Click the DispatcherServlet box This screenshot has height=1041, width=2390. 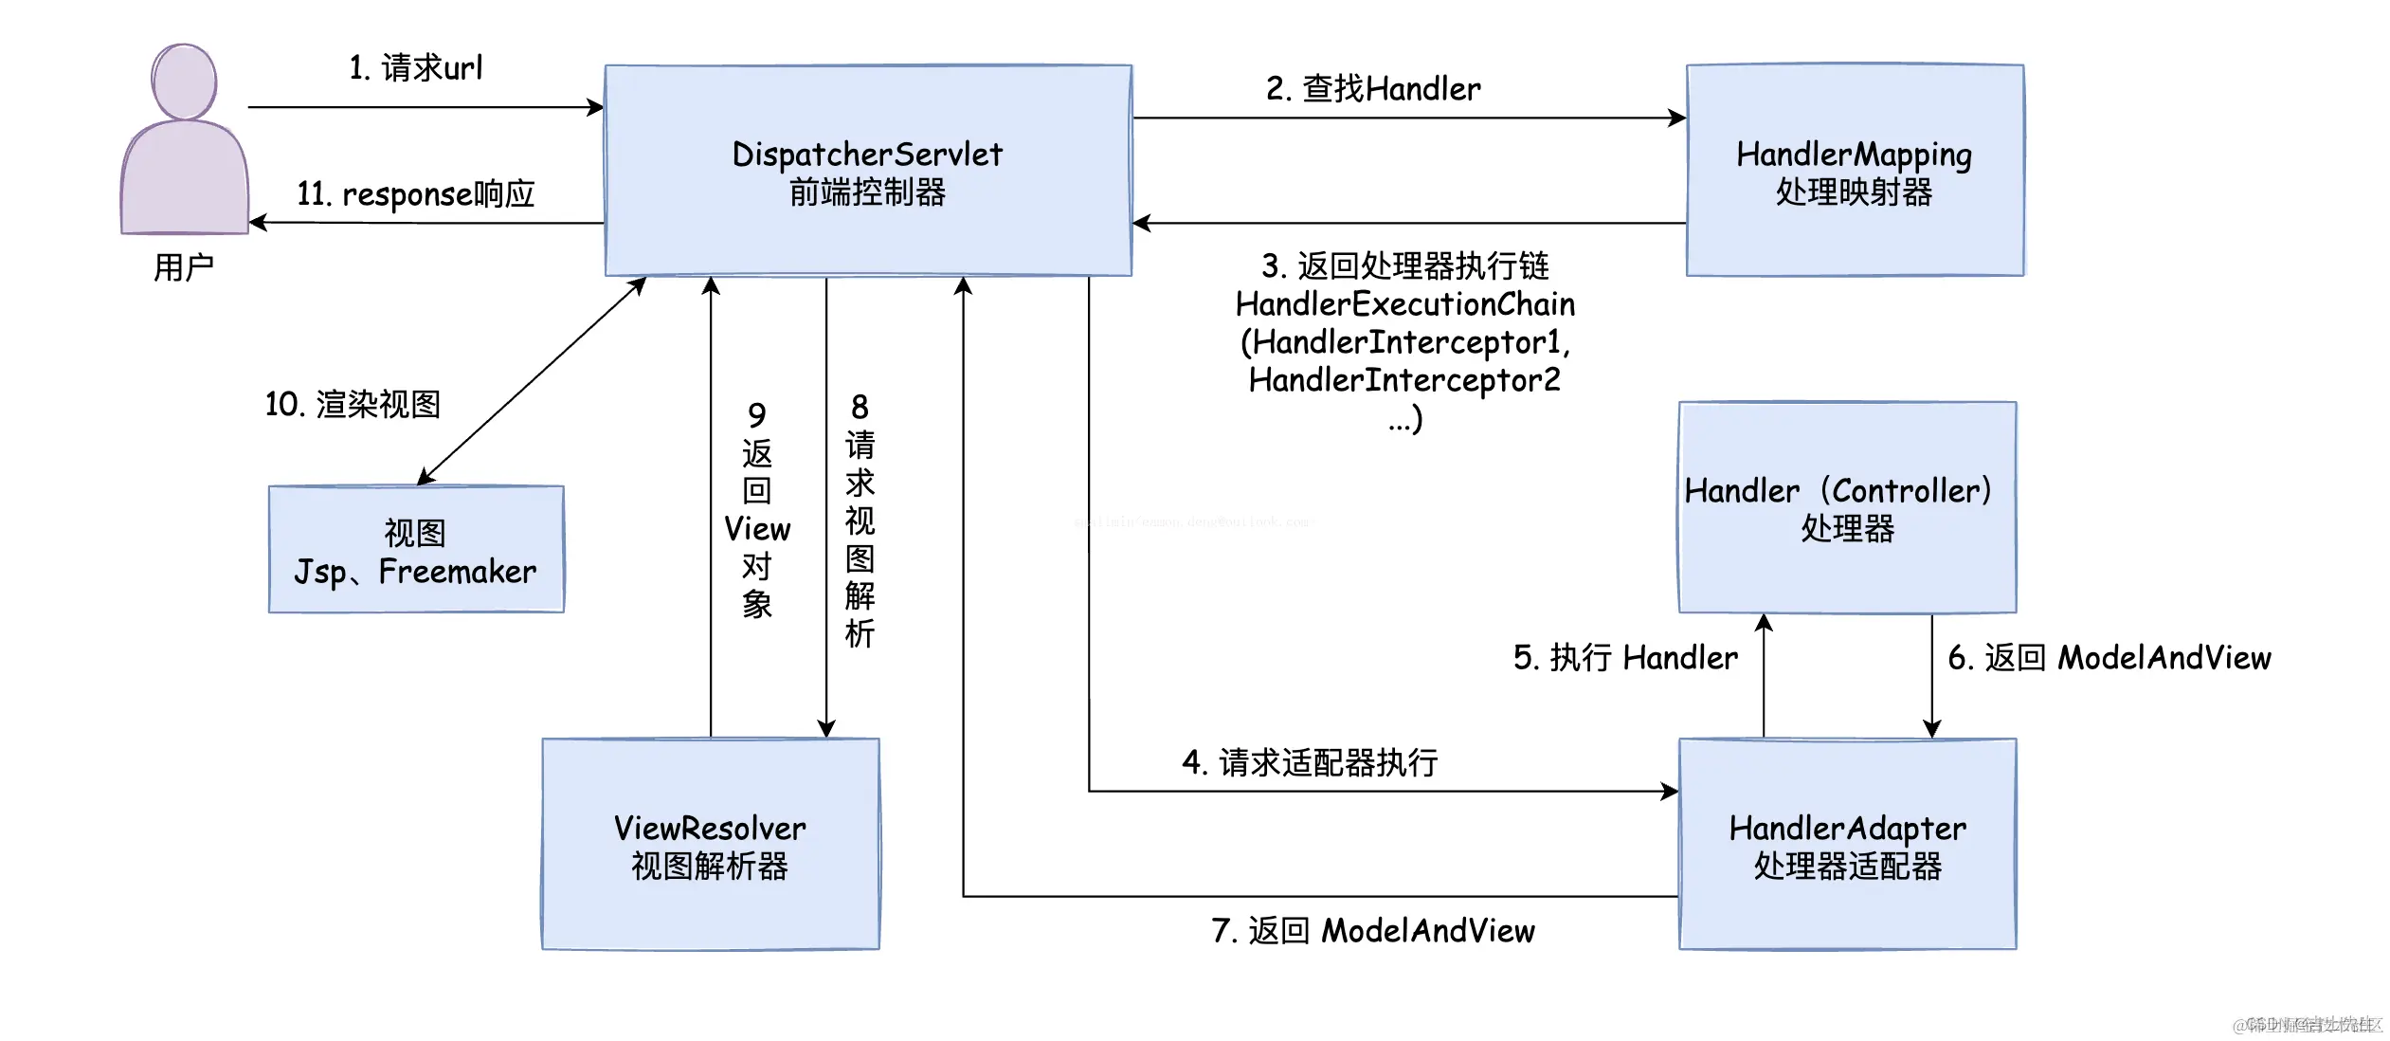point(868,171)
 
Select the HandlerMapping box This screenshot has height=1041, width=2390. point(1855,171)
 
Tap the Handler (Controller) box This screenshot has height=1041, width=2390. point(1847,508)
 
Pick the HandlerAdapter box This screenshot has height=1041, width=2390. point(1847,845)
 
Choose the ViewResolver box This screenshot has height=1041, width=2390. point(710,845)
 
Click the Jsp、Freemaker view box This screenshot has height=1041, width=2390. point(416,550)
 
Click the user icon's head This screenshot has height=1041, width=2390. point(184,82)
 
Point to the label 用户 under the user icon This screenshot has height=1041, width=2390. point(184,267)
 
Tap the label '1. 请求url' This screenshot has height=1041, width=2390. point(416,68)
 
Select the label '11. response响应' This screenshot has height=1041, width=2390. point(416,194)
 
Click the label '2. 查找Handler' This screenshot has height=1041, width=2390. point(1373,89)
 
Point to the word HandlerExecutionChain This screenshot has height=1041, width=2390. point(1405,304)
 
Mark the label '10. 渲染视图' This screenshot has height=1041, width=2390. point(353,405)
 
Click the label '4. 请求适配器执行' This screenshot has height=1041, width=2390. point(1310,762)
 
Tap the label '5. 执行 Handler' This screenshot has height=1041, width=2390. point(1625,658)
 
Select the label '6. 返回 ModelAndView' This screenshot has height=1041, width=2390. point(2109,658)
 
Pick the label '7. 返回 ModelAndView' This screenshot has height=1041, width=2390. point(1373,931)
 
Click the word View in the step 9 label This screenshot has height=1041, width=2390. point(756,529)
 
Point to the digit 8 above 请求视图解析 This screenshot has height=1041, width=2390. point(860,408)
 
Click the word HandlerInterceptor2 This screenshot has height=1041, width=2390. point(1404,380)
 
